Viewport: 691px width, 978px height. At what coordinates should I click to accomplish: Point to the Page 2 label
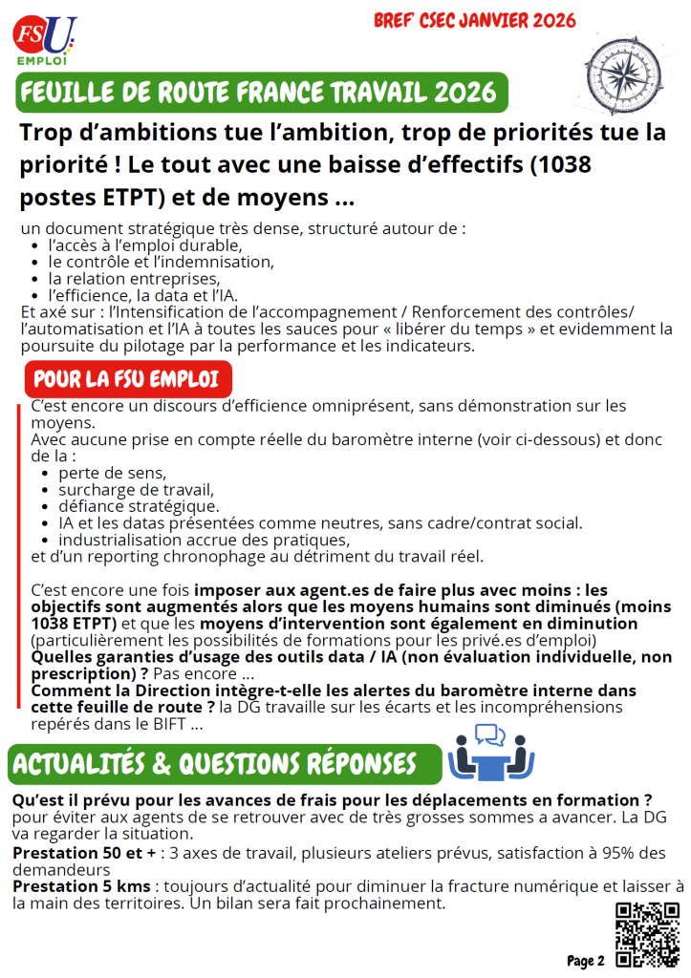pyautogui.click(x=586, y=960)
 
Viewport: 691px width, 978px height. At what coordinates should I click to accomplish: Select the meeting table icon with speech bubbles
pyautogui.click(x=491, y=751)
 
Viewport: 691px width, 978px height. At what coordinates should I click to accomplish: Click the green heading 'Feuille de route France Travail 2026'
pyautogui.click(x=258, y=93)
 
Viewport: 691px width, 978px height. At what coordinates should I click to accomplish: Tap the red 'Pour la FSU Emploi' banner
pyautogui.click(x=127, y=378)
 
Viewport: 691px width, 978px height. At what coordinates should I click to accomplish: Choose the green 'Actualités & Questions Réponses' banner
pyautogui.click(x=214, y=764)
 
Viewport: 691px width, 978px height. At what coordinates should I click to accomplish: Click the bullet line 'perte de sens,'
pyautogui.click(x=112, y=473)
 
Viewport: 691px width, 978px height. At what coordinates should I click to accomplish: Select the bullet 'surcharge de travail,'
pyautogui.click(x=130, y=489)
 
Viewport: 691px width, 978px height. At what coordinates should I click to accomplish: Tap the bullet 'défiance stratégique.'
pyautogui.click(x=139, y=505)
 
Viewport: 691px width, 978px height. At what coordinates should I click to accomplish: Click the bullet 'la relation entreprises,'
pyautogui.click(x=134, y=278)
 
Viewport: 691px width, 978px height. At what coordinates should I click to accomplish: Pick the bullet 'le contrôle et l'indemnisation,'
pyautogui.click(x=161, y=261)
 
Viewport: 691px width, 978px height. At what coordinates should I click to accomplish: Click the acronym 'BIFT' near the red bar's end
pyautogui.click(x=169, y=723)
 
